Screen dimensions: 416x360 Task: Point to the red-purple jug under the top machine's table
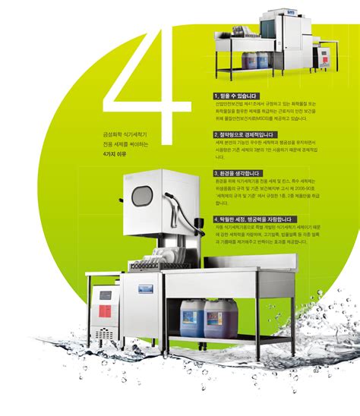248,61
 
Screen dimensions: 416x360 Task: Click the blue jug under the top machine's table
263,61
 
